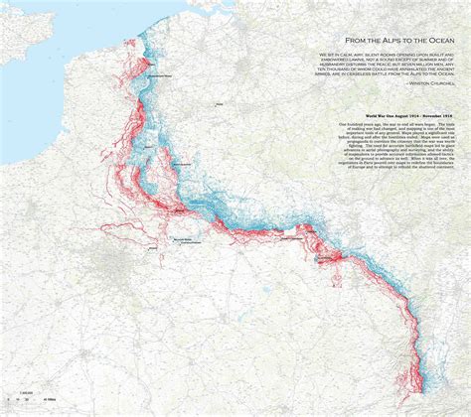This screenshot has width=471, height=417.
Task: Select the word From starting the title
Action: [x=333, y=34]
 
